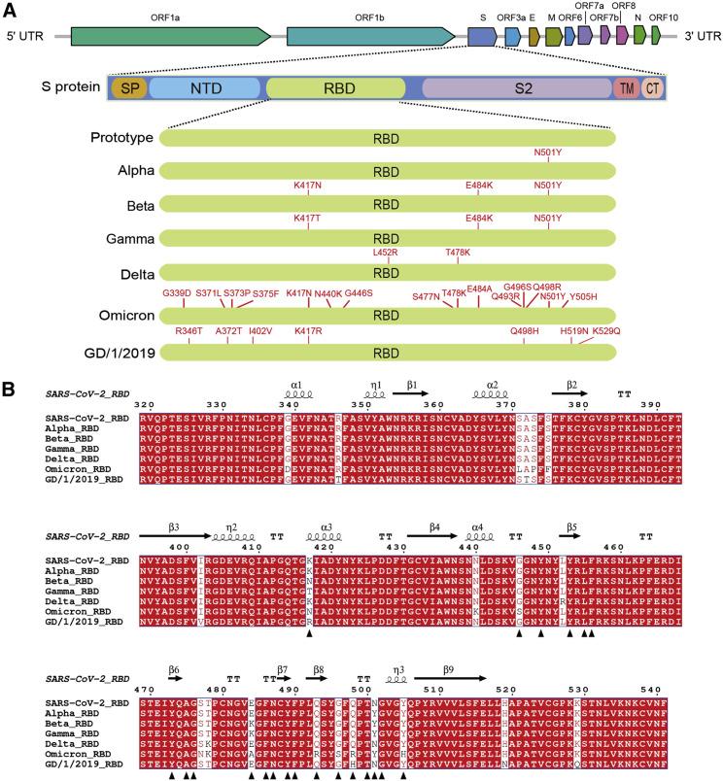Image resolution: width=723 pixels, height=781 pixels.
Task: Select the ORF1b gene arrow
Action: [x=369, y=37]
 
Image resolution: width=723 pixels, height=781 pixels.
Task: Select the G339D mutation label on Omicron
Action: [x=176, y=292]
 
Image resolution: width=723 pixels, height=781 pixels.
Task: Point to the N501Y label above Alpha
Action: [x=548, y=153]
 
